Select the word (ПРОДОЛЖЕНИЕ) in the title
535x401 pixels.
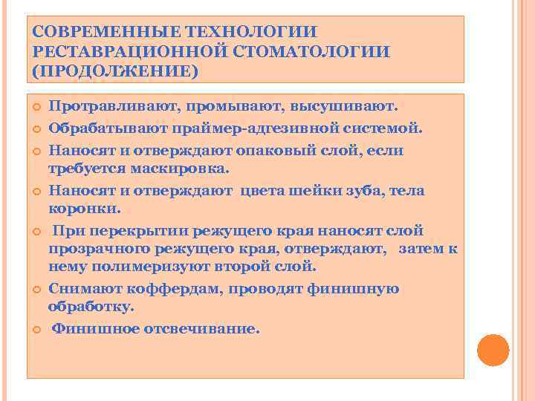point(115,71)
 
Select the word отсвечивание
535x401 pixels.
point(199,328)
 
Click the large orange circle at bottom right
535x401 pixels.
point(492,351)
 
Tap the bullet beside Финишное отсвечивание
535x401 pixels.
point(36,328)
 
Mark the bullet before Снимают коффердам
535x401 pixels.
point(36,289)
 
